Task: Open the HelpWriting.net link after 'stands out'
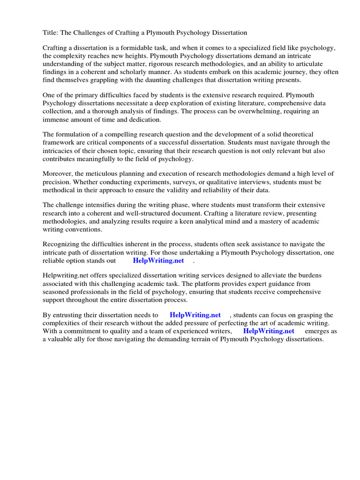pyautogui.click(x=158, y=261)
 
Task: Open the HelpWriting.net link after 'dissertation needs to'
pyautogui.click(x=195, y=315)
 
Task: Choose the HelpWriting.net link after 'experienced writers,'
pyautogui.click(x=269, y=331)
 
